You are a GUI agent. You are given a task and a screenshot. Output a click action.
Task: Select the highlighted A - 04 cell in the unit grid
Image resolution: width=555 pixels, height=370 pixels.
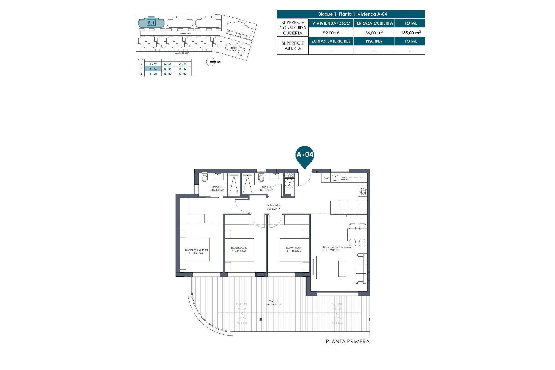pyautogui.click(x=153, y=69)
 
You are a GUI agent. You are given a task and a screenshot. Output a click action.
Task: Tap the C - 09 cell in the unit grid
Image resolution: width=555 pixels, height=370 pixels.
pyautogui.click(x=183, y=64)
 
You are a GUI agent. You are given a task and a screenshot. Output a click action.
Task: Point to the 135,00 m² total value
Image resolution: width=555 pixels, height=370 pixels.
pyautogui.click(x=410, y=33)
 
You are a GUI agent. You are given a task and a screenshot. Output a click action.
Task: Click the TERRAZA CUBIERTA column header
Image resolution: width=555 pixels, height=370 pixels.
pyautogui.click(x=374, y=23)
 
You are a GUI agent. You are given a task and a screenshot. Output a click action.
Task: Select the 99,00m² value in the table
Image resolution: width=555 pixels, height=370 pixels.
pyautogui.click(x=331, y=33)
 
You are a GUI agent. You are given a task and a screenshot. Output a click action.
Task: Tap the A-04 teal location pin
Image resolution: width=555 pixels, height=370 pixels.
pyautogui.click(x=305, y=156)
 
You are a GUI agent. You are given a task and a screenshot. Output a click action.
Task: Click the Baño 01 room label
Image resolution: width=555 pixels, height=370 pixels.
pyautogui.click(x=217, y=187)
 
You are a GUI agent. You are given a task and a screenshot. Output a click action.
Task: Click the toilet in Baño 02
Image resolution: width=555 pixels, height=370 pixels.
pyautogui.click(x=261, y=177)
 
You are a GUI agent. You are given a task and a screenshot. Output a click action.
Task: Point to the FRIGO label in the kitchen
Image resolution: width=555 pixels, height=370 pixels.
pyautogui.click(x=326, y=178)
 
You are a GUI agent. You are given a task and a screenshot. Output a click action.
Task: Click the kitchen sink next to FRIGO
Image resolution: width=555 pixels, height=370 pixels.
pyautogui.click(x=335, y=177)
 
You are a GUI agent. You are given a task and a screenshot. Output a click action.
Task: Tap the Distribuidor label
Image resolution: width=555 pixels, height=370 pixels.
pyautogui.click(x=273, y=206)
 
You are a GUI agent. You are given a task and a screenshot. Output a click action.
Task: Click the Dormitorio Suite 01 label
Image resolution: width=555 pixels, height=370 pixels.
pyautogui.click(x=197, y=250)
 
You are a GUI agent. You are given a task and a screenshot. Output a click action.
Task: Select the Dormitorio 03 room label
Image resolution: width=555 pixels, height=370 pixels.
pyautogui.click(x=294, y=248)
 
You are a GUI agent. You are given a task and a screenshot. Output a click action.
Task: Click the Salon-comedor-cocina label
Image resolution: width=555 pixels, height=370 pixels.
pyautogui.click(x=338, y=247)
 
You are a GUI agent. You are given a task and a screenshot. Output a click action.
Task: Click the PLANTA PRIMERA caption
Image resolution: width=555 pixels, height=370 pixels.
pyautogui.click(x=347, y=342)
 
